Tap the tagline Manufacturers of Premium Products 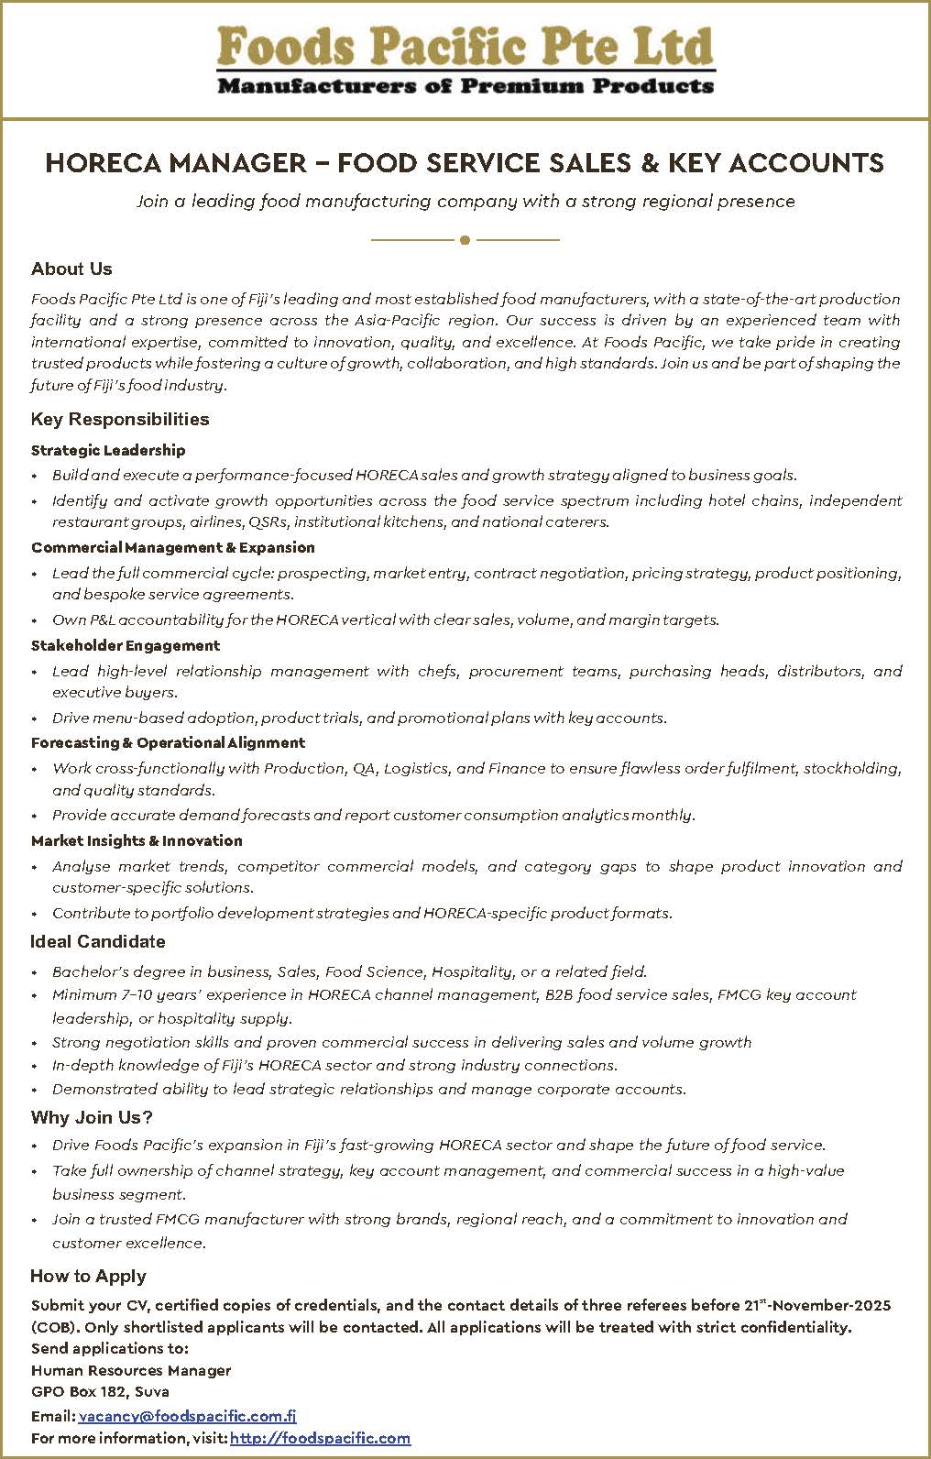tap(465, 87)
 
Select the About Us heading tap(71, 269)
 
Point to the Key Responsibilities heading tap(120, 419)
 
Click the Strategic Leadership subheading tap(108, 450)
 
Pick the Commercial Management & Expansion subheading tap(173, 547)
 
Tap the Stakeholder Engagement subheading tap(126, 645)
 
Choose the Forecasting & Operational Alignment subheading tap(168, 742)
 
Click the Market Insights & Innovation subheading tap(137, 840)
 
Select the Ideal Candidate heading tap(98, 941)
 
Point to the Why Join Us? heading tap(92, 1117)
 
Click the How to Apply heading tap(88, 1276)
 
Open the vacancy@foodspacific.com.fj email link tap(187, 1416)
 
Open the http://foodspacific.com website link tap(320, 1438)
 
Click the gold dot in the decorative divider tap(465, 240)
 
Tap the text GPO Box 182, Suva tap(100, 1392)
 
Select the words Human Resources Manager tap(131, 1370)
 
